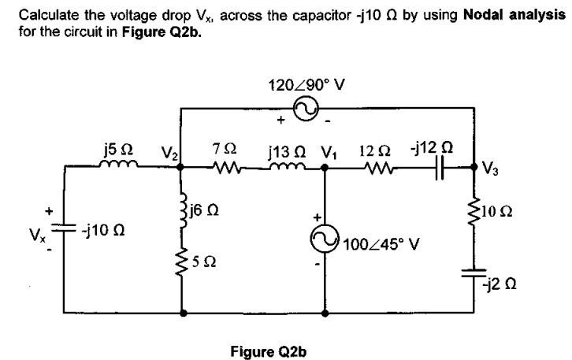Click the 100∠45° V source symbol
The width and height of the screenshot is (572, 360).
(325, 239)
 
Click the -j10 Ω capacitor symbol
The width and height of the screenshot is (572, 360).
(63, 228)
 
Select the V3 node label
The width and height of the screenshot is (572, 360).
(490, 167)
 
